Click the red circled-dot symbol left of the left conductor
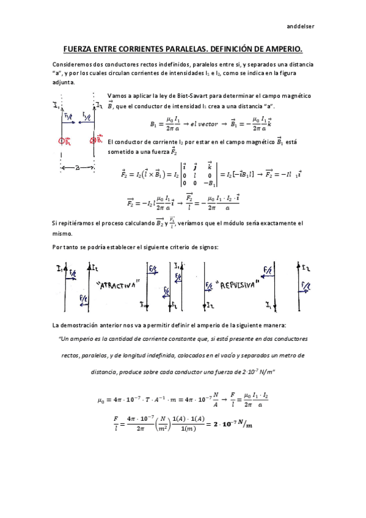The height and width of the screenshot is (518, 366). (62, 141)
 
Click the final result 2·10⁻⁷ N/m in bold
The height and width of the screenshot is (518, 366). (228, 424)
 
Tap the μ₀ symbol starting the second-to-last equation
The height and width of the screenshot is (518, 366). (101, 400)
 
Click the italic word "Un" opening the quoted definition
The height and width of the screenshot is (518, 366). (62, 338)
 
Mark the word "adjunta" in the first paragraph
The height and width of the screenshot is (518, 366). (63, 82)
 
